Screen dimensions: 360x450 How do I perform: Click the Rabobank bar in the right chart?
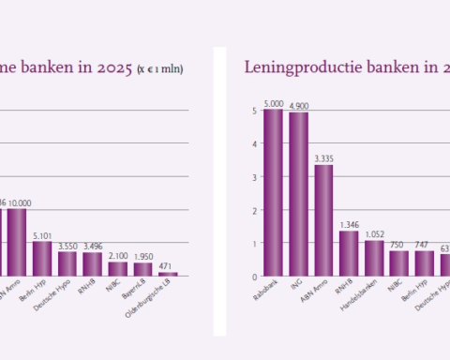coord(273,192)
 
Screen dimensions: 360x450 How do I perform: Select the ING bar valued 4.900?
coord(298,194)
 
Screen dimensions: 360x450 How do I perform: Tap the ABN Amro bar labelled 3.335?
coord(323,220)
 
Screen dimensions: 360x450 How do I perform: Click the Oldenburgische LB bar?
coord(168,274)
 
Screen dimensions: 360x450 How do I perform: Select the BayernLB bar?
coord(142,269)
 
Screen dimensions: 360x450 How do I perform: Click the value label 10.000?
coord(18,202)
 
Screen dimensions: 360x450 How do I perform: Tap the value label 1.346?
coord(349,225)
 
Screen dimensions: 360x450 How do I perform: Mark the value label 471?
coord(168,266)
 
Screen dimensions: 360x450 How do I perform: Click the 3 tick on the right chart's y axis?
coord(253,177)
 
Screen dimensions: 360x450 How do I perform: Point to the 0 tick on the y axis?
coord(253,277)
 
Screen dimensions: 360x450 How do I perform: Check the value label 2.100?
coord(117,256)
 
